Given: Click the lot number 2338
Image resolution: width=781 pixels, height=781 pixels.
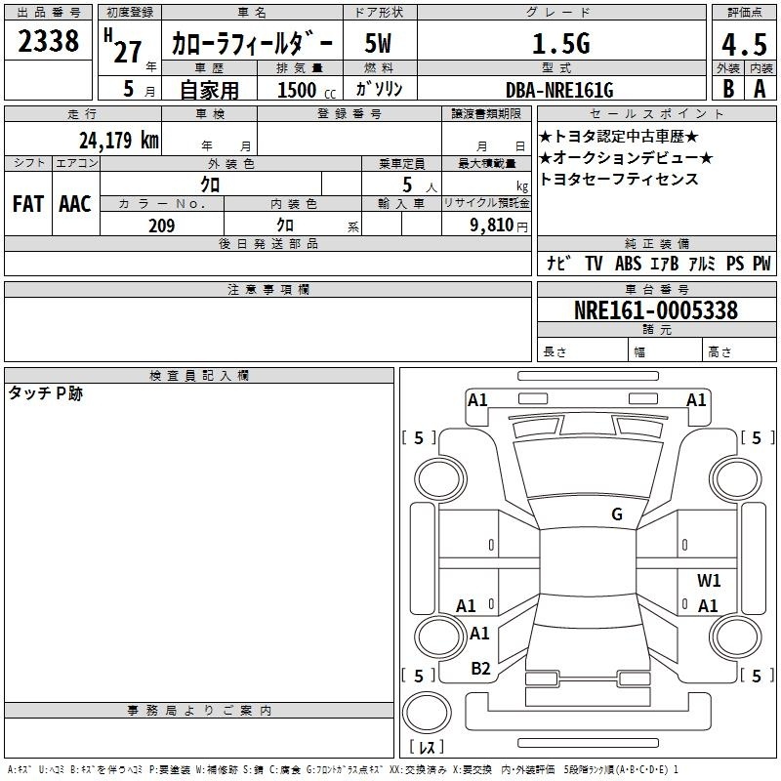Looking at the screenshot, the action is click(48, 40).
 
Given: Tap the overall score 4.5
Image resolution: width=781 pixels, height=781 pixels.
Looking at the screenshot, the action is click(744, 44).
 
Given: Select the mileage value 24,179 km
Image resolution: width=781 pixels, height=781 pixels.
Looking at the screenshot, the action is click(119, 140).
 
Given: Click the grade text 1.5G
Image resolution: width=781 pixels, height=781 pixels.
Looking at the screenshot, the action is click(561, 43).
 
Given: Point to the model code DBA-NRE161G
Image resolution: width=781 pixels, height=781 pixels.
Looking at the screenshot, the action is click(559, 90).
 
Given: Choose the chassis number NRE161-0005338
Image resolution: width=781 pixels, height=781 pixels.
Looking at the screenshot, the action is click(656, 309).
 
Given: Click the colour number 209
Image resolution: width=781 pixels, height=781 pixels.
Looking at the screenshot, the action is click(161, 226).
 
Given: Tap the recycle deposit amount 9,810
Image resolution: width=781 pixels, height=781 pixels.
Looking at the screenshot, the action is click(491, 225).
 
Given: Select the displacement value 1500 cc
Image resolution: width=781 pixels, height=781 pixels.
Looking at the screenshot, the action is click(307, 90).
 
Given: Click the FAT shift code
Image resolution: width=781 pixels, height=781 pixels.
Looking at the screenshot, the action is click(28, 204).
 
